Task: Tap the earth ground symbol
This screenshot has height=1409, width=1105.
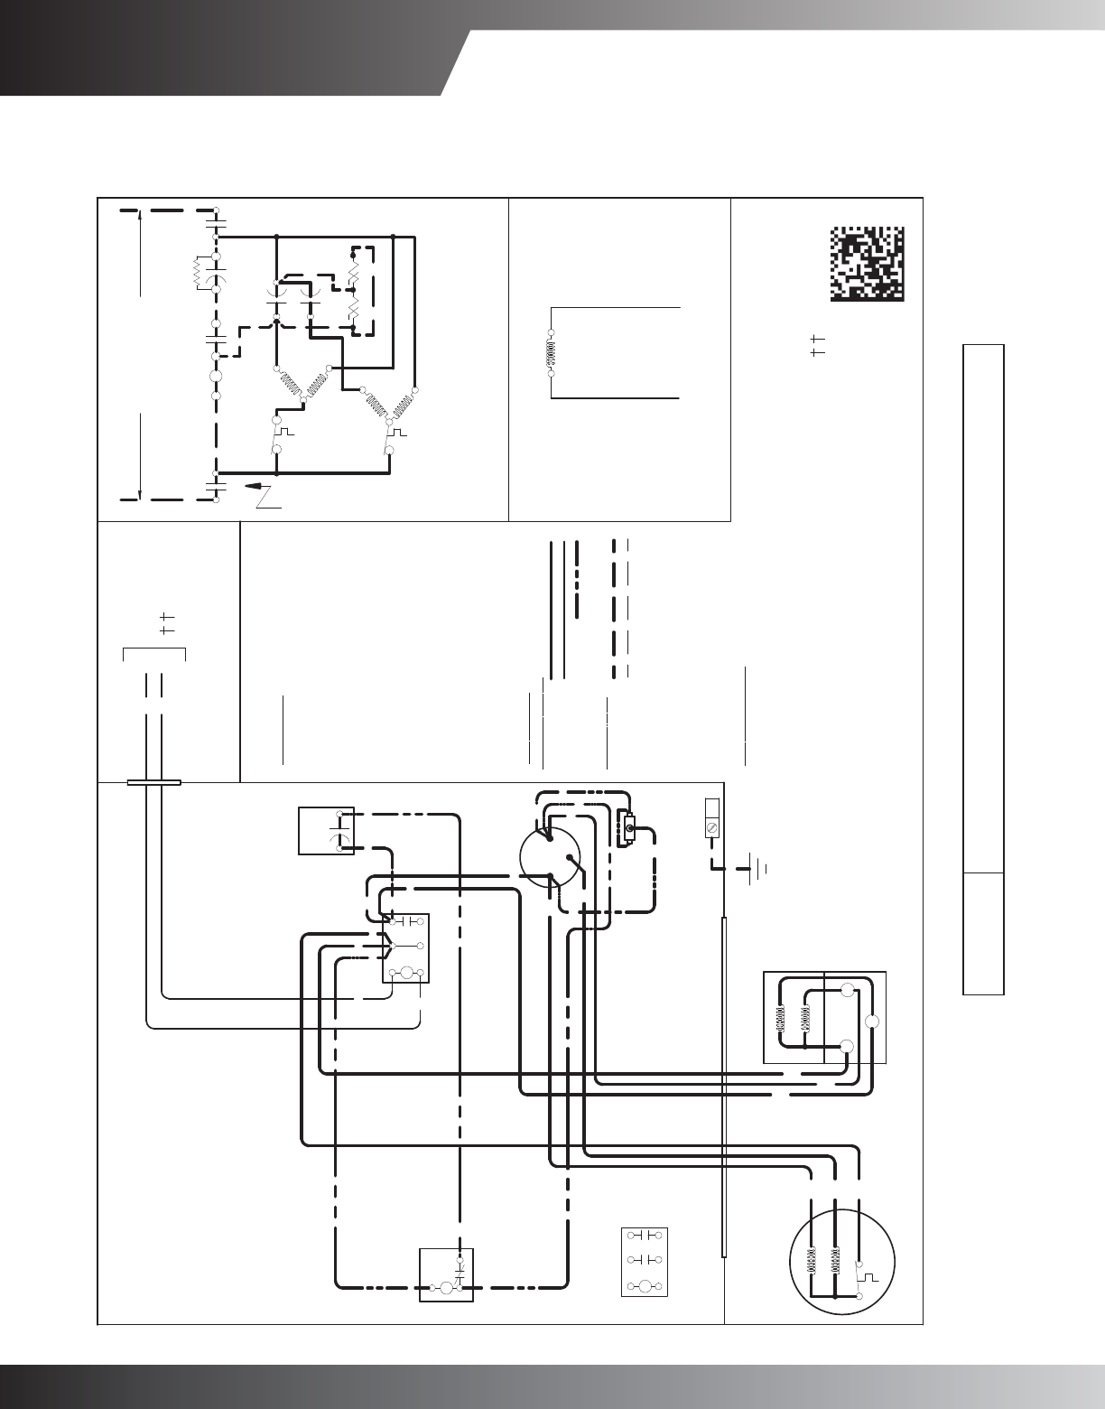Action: [755, 870]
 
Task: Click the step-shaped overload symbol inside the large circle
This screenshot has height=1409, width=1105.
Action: [869, 1277]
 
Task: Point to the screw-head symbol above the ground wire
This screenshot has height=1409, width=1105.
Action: [711, 827]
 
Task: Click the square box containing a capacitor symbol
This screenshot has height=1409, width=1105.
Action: [325, 831]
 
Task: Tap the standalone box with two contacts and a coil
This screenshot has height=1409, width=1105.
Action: [645, 1263]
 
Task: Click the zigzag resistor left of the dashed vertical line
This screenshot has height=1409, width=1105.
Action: [200, 272]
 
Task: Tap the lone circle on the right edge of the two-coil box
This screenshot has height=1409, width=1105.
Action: [872, 1022]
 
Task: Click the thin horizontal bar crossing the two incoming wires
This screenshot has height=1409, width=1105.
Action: [153, 782]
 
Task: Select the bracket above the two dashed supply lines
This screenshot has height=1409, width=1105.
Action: [153, 652]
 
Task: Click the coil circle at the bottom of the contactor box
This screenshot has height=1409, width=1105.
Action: [406, 972]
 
